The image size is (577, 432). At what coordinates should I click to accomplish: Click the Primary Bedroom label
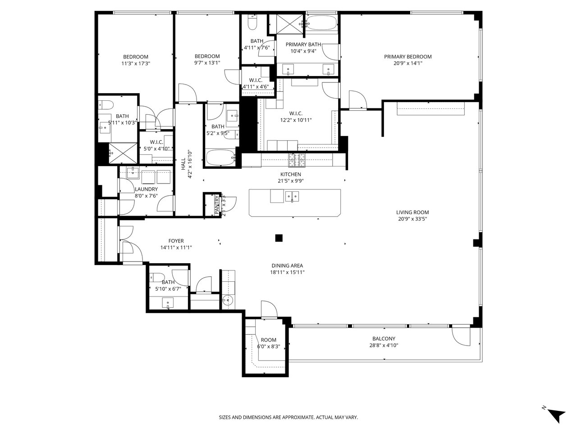coord(408,57)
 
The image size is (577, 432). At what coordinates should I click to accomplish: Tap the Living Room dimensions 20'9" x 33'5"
coord(412,219)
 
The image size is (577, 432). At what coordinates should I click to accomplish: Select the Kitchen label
coord(290,174)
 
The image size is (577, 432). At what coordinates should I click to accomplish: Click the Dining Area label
coord(287,265)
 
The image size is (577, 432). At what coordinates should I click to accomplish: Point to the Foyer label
coord(176,241)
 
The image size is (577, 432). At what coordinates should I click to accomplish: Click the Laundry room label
coord(146,189)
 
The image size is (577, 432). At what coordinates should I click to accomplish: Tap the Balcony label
coord(384,339)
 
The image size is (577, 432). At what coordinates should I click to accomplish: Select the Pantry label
coord(217,205)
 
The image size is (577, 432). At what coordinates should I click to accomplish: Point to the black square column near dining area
coord(279,238)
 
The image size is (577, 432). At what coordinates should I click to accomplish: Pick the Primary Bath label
coord(303,44)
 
